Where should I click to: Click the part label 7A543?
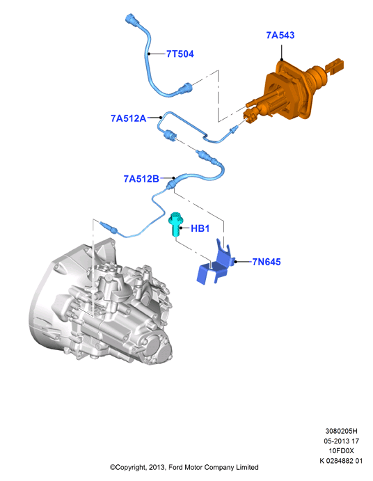(280, 36)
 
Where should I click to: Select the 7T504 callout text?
(180, 54)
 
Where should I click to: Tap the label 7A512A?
(129, 118)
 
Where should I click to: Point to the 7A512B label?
(141, 179)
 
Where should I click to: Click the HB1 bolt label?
(200, 228)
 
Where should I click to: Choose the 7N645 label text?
(267, 262)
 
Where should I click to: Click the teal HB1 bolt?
(175, 224)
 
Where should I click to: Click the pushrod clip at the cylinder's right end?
(335, 65)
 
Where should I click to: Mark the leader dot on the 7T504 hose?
(149, 54)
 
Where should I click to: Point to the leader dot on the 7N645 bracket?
(235, 262)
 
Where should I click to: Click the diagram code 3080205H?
(341, 431)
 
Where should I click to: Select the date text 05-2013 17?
(341, 441)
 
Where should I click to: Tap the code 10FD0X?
(341, 450)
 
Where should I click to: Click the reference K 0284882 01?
(341, 461)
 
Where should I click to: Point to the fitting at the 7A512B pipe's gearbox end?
(109, 227)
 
